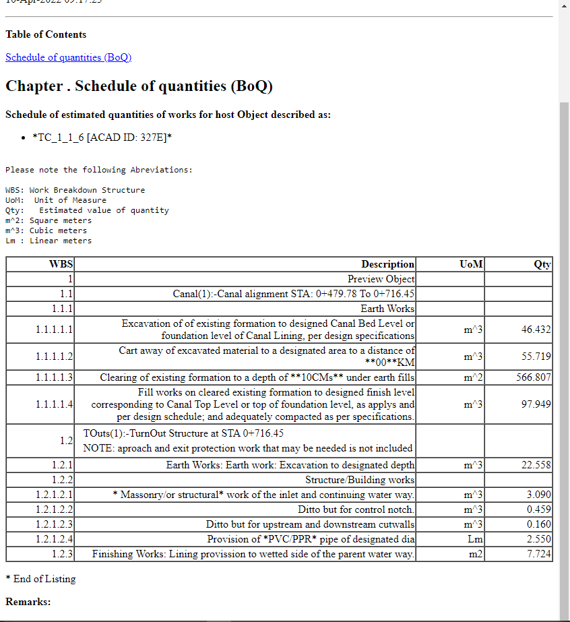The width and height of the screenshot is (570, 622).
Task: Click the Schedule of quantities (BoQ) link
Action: (68, 57)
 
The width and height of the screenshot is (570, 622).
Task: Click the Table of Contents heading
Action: (46, 34)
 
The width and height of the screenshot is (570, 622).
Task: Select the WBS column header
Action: (61, 264)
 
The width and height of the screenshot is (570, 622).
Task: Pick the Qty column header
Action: (542, 264)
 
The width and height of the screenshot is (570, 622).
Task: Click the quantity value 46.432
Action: (536, 330)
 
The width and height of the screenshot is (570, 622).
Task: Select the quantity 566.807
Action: (533, 377)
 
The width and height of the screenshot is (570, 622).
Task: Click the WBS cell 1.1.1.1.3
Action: (55, 377)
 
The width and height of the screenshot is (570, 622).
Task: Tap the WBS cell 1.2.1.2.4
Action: (55, 539)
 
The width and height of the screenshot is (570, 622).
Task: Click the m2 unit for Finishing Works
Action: (475, 554)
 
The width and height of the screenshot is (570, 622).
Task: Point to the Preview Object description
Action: (381, 279)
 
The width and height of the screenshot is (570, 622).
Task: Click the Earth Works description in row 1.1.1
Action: (387, 309)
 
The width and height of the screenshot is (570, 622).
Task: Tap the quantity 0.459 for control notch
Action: (538, 509)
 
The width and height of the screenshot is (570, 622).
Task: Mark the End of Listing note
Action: (40, 579)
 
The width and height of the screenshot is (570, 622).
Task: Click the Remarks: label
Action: (28, 601)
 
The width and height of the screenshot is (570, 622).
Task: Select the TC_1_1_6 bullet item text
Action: (102, 137)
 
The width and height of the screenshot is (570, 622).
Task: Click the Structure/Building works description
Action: (360, 480)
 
